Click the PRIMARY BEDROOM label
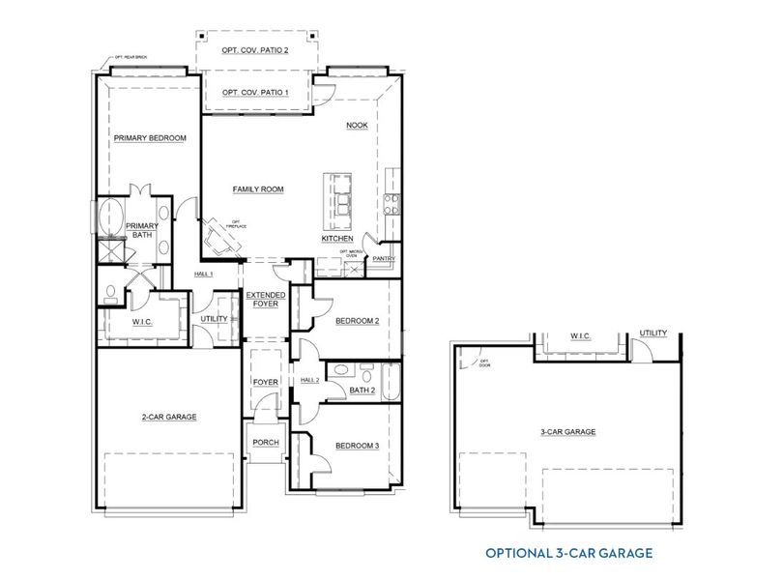click(150, 138)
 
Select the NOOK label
click(358, 126)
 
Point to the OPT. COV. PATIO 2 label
click(255, 48)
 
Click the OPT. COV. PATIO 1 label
click(255, 93)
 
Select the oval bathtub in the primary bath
click(109, 217)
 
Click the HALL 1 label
click(203, 275)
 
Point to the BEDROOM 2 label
click(357, 321)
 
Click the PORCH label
click(266, 442)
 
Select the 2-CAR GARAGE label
click(170, 417)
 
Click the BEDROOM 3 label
click(357, 446)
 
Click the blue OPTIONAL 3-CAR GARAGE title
click(566, 553)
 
